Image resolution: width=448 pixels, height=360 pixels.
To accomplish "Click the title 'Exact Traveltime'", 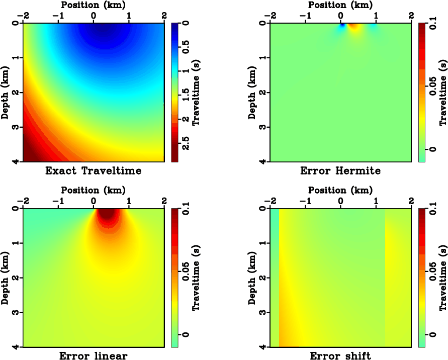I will point(94,171).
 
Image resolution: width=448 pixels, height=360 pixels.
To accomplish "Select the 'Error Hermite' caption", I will point(340,171).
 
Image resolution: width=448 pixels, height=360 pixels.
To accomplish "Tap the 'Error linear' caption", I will point(94,356).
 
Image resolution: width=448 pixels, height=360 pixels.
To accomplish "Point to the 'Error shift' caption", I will point(340,356).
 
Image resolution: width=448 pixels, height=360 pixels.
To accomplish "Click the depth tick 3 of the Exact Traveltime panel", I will point(17,127).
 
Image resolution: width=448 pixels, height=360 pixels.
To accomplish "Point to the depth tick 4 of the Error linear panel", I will point(17,347).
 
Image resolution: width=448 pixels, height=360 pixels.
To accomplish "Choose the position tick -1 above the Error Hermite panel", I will point(306,15).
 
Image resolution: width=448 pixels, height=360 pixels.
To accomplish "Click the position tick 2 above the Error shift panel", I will point(411,201).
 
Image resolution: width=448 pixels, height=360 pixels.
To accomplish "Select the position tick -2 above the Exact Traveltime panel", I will point(23,15).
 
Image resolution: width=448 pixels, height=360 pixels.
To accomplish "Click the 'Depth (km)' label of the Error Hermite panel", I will point(252,92).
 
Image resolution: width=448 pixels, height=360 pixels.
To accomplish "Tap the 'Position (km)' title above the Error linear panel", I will point(94,191).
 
